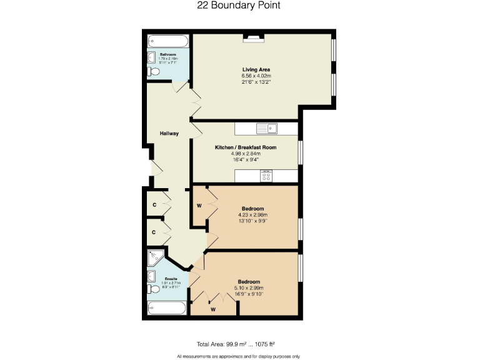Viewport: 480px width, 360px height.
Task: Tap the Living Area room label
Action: [256, 69]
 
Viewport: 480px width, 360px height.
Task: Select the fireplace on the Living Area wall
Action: [254, 38]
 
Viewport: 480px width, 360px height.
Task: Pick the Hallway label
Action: [169, 133]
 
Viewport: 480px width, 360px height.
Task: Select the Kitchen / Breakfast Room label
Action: [246, 147]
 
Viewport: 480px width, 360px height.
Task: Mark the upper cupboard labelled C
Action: [154, 204]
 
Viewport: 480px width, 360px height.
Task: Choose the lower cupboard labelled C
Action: [154, 232]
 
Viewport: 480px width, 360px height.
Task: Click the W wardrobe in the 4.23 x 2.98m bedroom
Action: [199, 205]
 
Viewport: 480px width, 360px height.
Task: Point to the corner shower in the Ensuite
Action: [156, 257]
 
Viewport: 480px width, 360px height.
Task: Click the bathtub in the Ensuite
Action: [167, 308]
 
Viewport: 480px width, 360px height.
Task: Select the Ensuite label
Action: [171, 278]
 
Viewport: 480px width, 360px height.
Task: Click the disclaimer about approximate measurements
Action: [238, 356]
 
